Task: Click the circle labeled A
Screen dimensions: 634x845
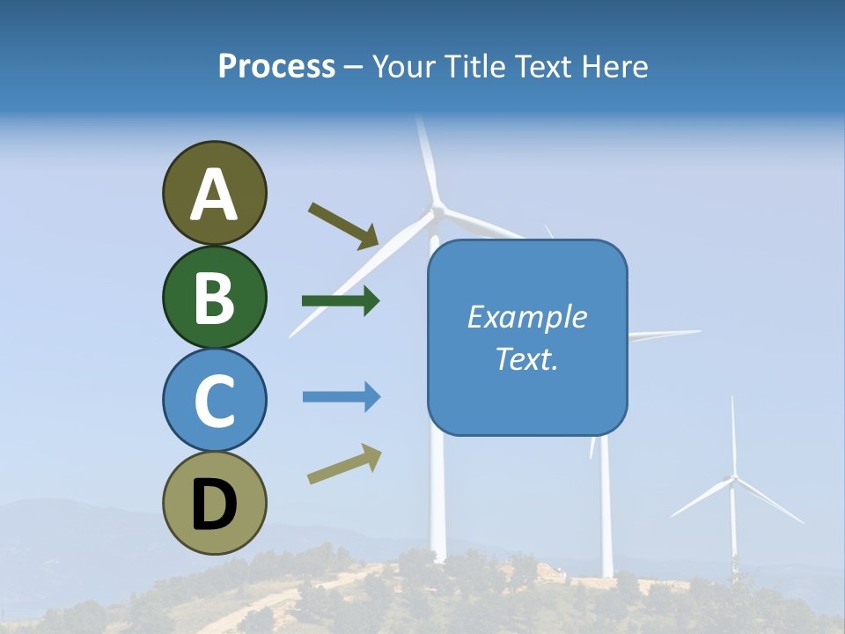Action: pos(214,193)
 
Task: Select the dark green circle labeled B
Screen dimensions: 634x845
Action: pos(214,297)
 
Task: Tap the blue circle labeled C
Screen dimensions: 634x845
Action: pos(214,400)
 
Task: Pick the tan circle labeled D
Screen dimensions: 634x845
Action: pos(214,503)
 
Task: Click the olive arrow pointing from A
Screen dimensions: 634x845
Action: pos(343,225)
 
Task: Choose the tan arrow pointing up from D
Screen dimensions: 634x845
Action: pos(344,464)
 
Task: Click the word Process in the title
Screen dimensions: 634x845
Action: pos(276,66)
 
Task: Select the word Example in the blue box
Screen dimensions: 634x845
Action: pos(526,317)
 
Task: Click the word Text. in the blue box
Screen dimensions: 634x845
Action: pos(526,358)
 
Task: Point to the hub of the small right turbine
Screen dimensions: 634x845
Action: pos(731,479)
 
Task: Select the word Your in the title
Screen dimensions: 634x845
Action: pos(403,66)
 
